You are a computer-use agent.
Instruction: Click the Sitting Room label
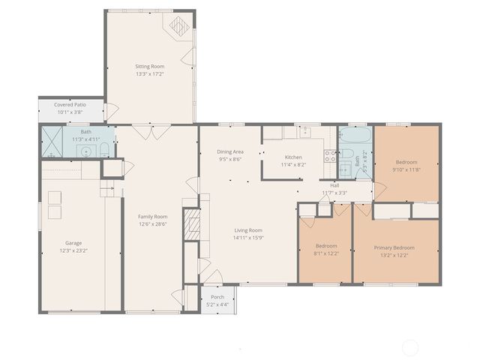(149, 67)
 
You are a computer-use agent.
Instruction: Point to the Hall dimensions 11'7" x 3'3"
(334, 193)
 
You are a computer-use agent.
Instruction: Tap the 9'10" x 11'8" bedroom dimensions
(406, 169)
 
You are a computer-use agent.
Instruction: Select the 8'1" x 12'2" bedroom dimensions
(325, 253)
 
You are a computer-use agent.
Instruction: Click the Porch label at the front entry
(217, 297)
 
